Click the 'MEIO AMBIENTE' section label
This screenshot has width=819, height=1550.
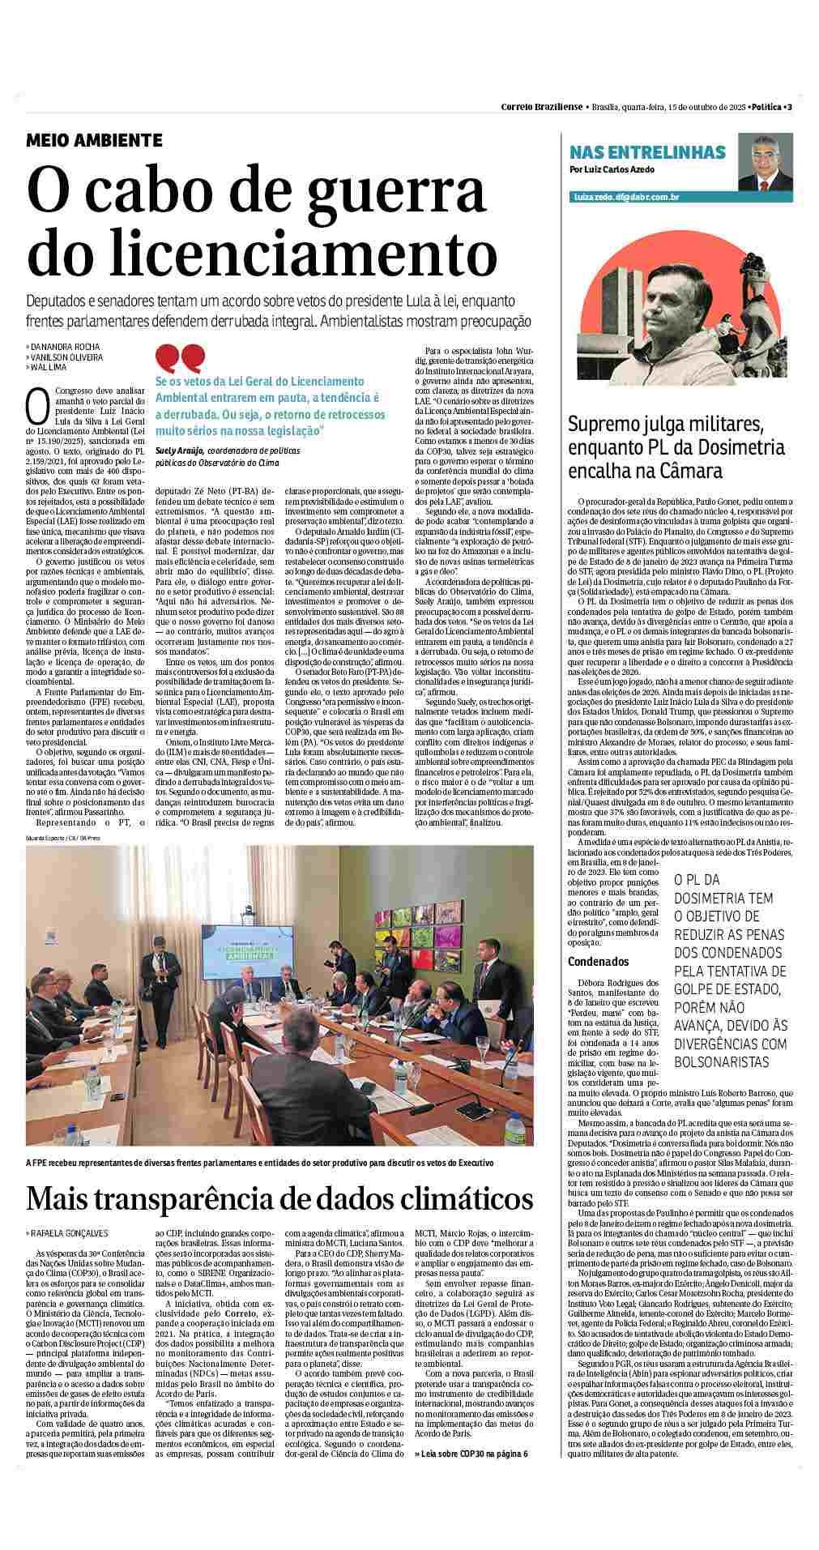94,140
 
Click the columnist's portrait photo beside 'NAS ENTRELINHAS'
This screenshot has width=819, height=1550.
763,163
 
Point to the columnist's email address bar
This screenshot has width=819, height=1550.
625,197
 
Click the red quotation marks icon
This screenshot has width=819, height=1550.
180,358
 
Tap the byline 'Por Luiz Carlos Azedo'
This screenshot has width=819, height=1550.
612,169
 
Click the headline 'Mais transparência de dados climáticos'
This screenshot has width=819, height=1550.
279,1198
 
